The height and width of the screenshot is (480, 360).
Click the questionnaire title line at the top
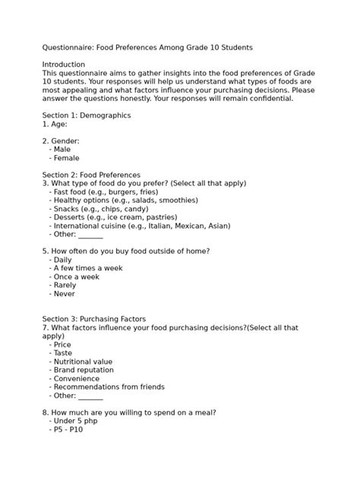[147, 47]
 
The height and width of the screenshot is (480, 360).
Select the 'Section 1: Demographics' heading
[87, 115]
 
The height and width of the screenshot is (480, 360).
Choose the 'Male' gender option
[62, 150]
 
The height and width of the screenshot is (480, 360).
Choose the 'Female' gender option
[66, 158]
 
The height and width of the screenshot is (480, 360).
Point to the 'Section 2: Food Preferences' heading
[91, 175]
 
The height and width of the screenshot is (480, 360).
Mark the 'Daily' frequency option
[62, 260]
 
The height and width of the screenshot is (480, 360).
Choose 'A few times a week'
[87, 268]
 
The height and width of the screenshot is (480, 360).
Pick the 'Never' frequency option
[64, 293]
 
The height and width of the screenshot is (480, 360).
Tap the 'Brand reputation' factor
[84, 370]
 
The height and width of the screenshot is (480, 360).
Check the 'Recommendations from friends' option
[109, 387]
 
